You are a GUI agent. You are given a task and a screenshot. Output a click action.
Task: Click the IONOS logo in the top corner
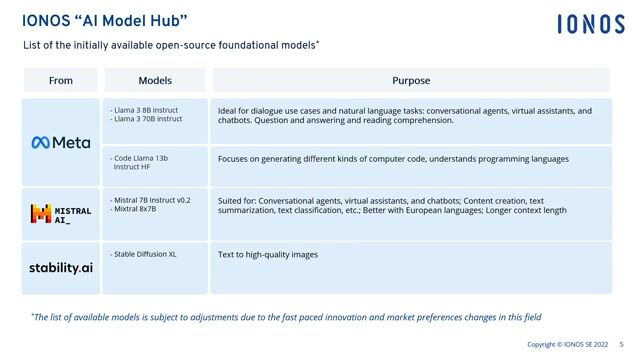(x=591, y=24)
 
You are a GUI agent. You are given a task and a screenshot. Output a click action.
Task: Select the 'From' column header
(x=60, y=80)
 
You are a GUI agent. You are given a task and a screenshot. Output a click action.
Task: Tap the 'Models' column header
(x=155, y=80)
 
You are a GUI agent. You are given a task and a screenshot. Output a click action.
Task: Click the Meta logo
(x=60, y=142)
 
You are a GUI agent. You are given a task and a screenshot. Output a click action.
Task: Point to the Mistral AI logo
(x=60, y=212)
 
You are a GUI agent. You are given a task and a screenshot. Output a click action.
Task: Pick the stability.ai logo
(x=60, y=267)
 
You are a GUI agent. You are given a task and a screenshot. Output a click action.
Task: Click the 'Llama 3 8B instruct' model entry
(x=147, y=109)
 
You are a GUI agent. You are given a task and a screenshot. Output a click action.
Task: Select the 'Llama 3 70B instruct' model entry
(x=149, y=119)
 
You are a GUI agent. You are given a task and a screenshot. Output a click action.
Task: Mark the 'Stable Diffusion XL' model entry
(x=146, y=255)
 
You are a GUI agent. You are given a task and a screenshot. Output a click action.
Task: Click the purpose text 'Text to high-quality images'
(x=268, y=255)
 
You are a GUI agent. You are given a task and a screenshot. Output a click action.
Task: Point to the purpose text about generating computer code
(x=393, y=159)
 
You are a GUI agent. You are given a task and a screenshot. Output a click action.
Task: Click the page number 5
(x=621, y=345)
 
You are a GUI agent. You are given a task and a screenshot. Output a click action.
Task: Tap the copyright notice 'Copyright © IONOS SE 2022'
(x=567, y=345)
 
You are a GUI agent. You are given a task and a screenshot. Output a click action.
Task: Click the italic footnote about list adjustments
(x=286, y=317)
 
